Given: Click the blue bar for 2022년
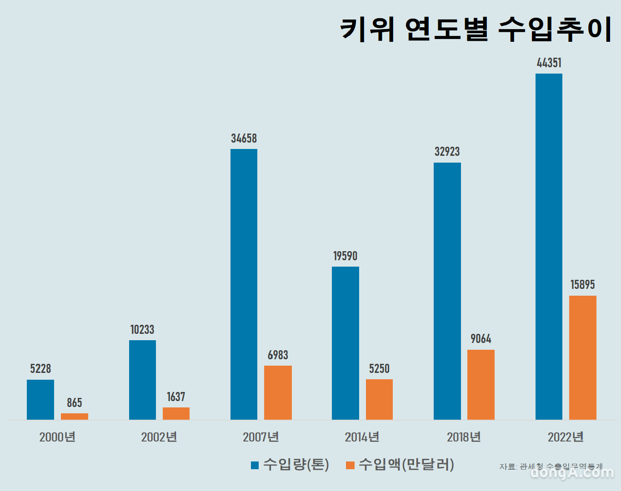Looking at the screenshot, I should pos(549,246).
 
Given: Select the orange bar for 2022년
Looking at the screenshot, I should pos(582,357).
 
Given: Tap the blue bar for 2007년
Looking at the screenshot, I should pos(244,284).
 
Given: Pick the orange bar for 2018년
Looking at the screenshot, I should pos(481,384).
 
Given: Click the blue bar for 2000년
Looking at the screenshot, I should pos(40,399).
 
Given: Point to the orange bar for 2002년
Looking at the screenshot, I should pos(176,413).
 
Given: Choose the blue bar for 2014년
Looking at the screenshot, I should pos(346,343).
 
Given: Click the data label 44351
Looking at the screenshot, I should pos(549,63).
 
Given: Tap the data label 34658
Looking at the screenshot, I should pos(244,138).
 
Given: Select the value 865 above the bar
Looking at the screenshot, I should pos(75,402).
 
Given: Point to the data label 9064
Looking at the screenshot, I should pos(481,339).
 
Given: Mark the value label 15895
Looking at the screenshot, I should pos(582,285).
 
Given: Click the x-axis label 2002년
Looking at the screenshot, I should pos(159,437).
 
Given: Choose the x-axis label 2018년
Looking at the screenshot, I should pos(464,437).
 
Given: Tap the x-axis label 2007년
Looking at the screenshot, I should pos(260,437).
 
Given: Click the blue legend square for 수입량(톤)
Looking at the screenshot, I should pos(255,465).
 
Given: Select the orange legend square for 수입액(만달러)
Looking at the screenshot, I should pos(350,465).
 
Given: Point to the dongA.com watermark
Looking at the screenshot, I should pos(572,472).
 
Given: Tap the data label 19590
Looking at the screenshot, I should pos(346,256).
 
